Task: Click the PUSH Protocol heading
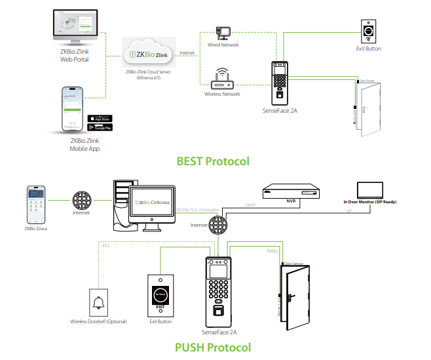click(x=213, y=347)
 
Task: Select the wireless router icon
click(x=221, y=79)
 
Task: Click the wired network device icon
click(x=223, y=33)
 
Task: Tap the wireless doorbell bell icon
click(x=98, y=303)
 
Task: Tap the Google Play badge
click(x=100, y=127)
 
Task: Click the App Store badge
click(x=100, y=118)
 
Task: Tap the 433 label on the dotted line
click(x=106, y=245)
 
